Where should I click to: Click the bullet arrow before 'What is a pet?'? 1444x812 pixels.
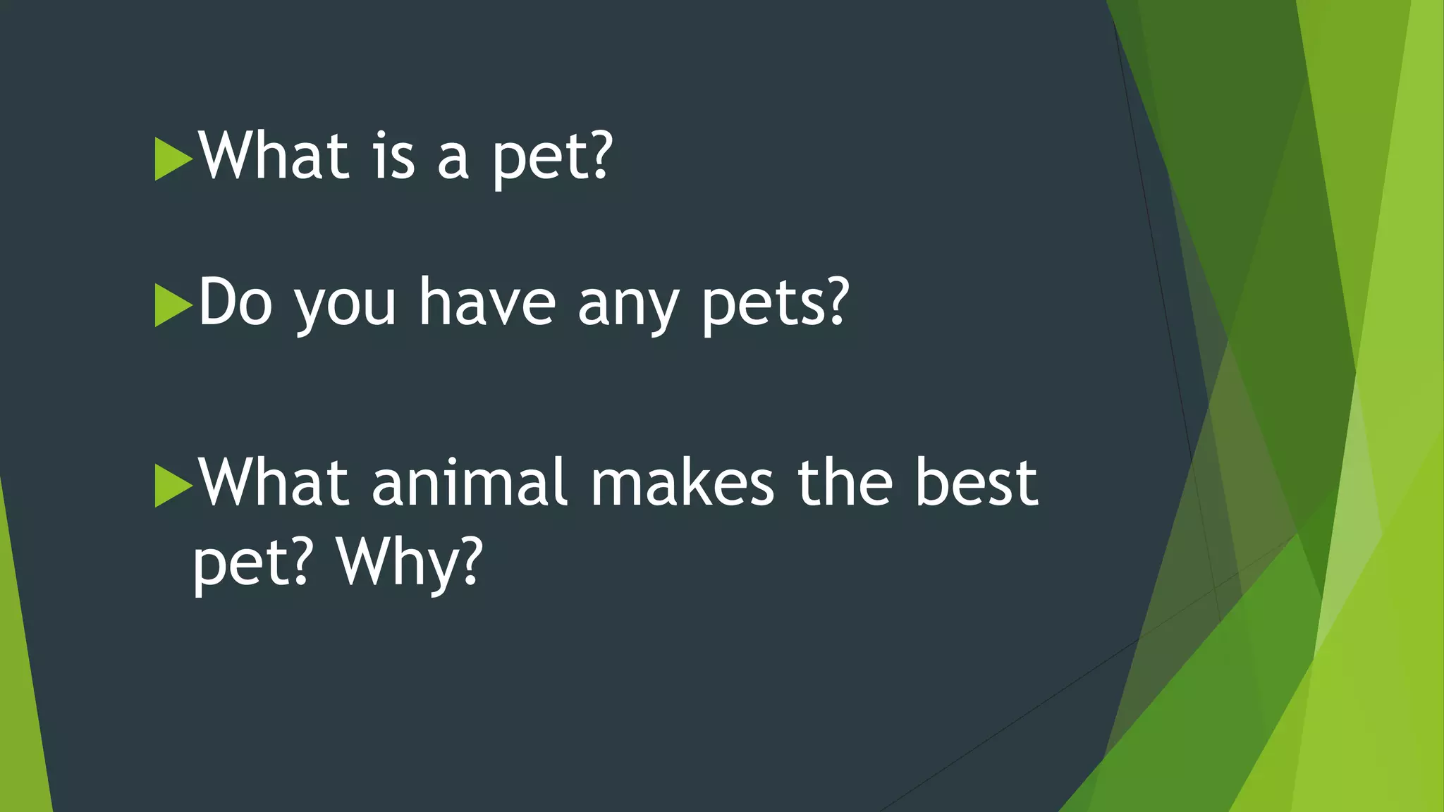click(173, 159)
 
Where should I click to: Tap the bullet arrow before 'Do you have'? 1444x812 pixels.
click(173, 305)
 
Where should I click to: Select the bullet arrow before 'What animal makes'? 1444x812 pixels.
click(173, 486)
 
